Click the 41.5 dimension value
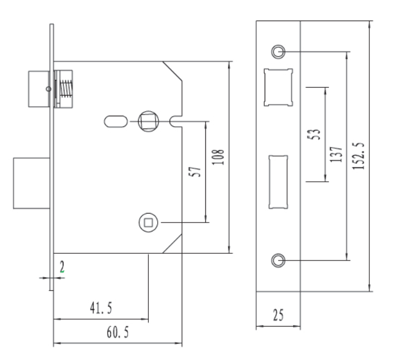(101, 308)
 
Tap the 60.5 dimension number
(118, 332)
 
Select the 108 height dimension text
(218, 157)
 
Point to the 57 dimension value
(195, 172)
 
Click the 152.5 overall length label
(359, 156)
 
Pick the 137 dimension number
(336, 154)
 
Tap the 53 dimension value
(314, 134)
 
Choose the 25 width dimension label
(278, 315)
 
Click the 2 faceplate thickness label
(62, 267)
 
